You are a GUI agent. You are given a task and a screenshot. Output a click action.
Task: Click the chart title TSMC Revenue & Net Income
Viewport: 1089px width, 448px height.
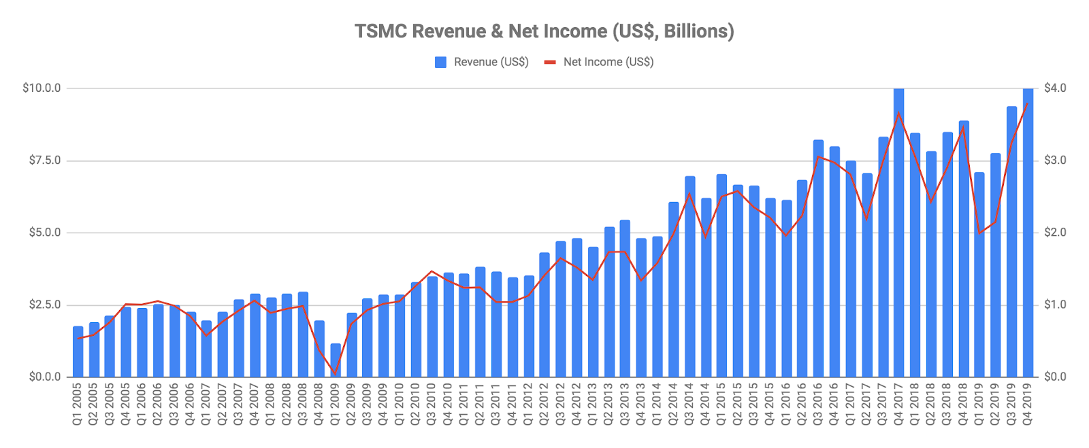(x=544, y=31)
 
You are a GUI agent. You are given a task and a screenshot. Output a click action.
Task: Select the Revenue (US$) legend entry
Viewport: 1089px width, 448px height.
(x=482, y=62)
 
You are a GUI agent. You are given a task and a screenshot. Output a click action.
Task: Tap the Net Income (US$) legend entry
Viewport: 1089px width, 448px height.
(x=599, y=62)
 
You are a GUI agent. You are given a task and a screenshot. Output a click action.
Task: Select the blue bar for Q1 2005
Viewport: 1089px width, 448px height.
(x=78, y=352)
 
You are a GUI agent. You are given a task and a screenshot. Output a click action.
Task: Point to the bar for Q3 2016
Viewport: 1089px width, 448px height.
(x=818, y=258)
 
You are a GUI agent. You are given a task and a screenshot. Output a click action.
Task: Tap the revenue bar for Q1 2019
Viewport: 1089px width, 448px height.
(x=979, y=275)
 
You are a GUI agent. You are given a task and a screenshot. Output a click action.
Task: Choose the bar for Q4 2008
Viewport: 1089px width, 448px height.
(x=319, y=349)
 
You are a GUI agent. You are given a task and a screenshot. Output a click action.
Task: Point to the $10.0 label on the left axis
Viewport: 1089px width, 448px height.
(x=42, y=88)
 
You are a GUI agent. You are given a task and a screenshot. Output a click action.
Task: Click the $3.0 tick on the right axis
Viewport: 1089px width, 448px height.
(x=1055, y=160)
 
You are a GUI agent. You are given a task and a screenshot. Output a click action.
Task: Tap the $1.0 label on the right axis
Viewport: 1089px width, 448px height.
(x=1055, y=305)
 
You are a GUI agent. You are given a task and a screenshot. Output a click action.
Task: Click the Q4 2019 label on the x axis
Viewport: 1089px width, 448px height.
(x=1028, y=404)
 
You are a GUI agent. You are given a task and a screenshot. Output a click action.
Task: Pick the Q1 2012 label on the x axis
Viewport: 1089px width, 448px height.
(x=528, y=404)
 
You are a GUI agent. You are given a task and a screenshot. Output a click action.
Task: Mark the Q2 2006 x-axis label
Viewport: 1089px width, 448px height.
(x=158, y=404)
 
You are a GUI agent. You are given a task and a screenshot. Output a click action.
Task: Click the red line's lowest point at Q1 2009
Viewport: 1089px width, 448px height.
(x=336, y=373)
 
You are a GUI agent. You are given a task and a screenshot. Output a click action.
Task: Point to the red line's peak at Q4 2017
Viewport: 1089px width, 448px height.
(x=898, y=113)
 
